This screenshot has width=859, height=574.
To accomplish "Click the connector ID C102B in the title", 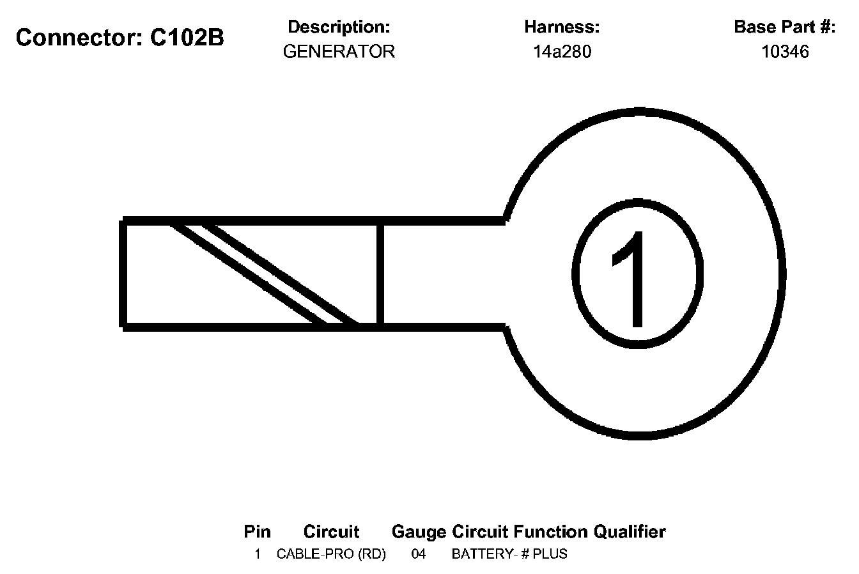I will tap(187, 38).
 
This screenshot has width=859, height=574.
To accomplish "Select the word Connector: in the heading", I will tap(79, 38).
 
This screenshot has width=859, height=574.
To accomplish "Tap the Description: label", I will tap(339, 27).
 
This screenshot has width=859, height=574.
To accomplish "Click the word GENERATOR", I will tap(339, 52).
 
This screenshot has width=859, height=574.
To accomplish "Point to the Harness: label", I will tap(562, 27).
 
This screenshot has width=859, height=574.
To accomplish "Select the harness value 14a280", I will tap(562, 52).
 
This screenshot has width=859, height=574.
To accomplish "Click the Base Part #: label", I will tap(784, 27).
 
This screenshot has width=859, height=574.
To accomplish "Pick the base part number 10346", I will tap(785, 52).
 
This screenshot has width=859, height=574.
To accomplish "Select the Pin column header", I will tap(257, 532).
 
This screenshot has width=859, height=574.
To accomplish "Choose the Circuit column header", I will tap(331, 532).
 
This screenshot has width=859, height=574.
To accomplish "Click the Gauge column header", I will tap(419, 532).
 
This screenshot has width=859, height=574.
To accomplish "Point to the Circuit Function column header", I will tap(520, 532).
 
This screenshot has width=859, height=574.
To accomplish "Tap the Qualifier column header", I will tap(630, 532).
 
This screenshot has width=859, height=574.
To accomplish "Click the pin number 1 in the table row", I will tap(258, 554).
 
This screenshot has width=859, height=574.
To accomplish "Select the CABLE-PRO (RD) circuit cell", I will tap(331, 554).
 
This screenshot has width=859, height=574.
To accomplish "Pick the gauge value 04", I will tap(419, 554).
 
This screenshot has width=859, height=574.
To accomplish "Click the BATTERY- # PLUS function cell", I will tap(509, 554).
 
